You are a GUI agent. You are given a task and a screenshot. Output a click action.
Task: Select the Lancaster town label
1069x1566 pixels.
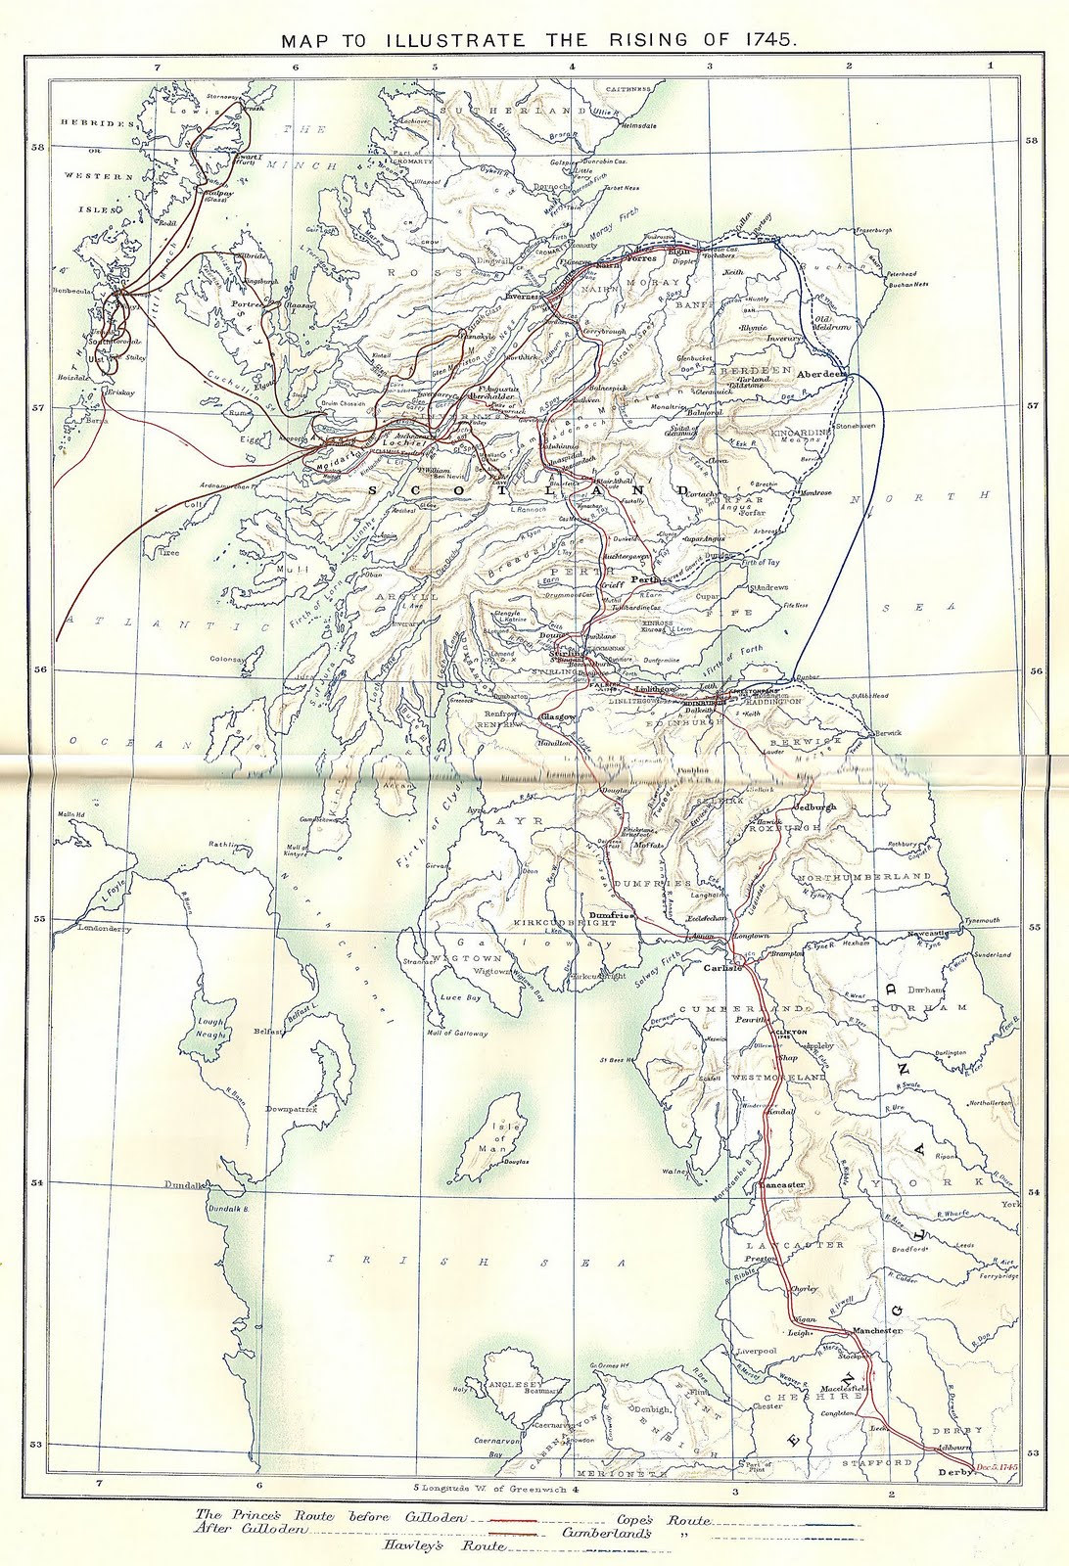782,1184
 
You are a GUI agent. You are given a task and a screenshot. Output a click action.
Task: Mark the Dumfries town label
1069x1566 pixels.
613,914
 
